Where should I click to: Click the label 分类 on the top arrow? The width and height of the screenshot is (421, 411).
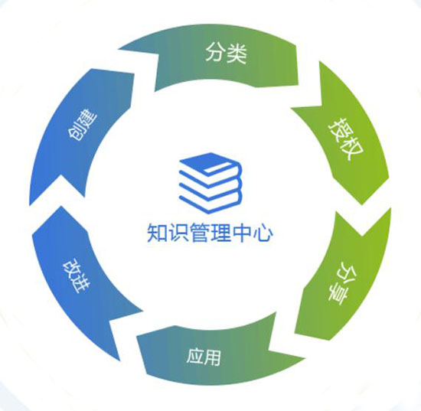pos(226,53)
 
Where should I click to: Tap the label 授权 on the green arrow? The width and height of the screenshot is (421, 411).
pos(346,139)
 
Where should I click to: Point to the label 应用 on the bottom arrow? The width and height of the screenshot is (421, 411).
pos(204,357)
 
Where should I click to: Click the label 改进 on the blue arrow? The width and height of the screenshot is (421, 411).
pos(77,276)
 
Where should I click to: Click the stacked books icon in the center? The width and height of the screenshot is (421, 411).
pos(210,183)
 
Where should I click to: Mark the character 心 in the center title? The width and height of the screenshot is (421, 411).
pos(263,233)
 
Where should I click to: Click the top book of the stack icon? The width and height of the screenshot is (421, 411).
pos(210,164)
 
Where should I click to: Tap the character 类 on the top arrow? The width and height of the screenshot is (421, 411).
pos(237,53)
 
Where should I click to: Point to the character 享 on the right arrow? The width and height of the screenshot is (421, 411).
pos(338,294)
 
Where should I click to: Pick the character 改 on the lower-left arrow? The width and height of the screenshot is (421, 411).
pos(71,268)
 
